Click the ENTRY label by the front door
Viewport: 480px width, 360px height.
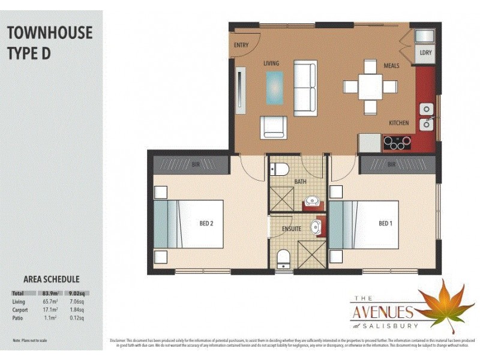pos(241,45)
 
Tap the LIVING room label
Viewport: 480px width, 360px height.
pos(272,63)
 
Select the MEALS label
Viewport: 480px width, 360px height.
pos(392,65)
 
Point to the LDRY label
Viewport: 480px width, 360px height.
pos(425,53)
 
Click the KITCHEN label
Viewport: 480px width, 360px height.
pos(398,123)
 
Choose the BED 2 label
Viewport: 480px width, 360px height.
pos(206,224)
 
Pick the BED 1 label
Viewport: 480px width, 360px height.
pos(386,224)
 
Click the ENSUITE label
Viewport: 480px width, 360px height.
pos(292,229)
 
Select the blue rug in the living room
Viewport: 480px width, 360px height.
pos(275,88)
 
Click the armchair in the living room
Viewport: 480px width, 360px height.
pos(274,127)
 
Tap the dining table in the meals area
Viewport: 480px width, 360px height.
pos(370,87)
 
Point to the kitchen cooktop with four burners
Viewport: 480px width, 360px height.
pos(398,143)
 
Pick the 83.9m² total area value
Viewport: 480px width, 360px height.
pos(49,292)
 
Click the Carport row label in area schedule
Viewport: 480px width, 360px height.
pos(20,310)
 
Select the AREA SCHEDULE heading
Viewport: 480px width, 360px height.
pos(51,279)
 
